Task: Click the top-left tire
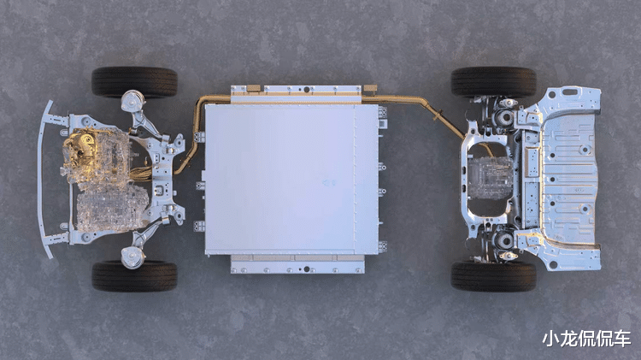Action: (x=134, y=82)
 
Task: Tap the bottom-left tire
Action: (x=134, y=275)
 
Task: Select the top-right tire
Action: (x=493, y=82)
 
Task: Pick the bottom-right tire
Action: (x=493, y=276)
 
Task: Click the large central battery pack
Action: (x=291, y=179)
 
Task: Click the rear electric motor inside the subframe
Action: (x=490, y=178)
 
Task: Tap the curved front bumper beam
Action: (x=45, y=180)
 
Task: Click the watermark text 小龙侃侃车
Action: (x=586, y=339)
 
